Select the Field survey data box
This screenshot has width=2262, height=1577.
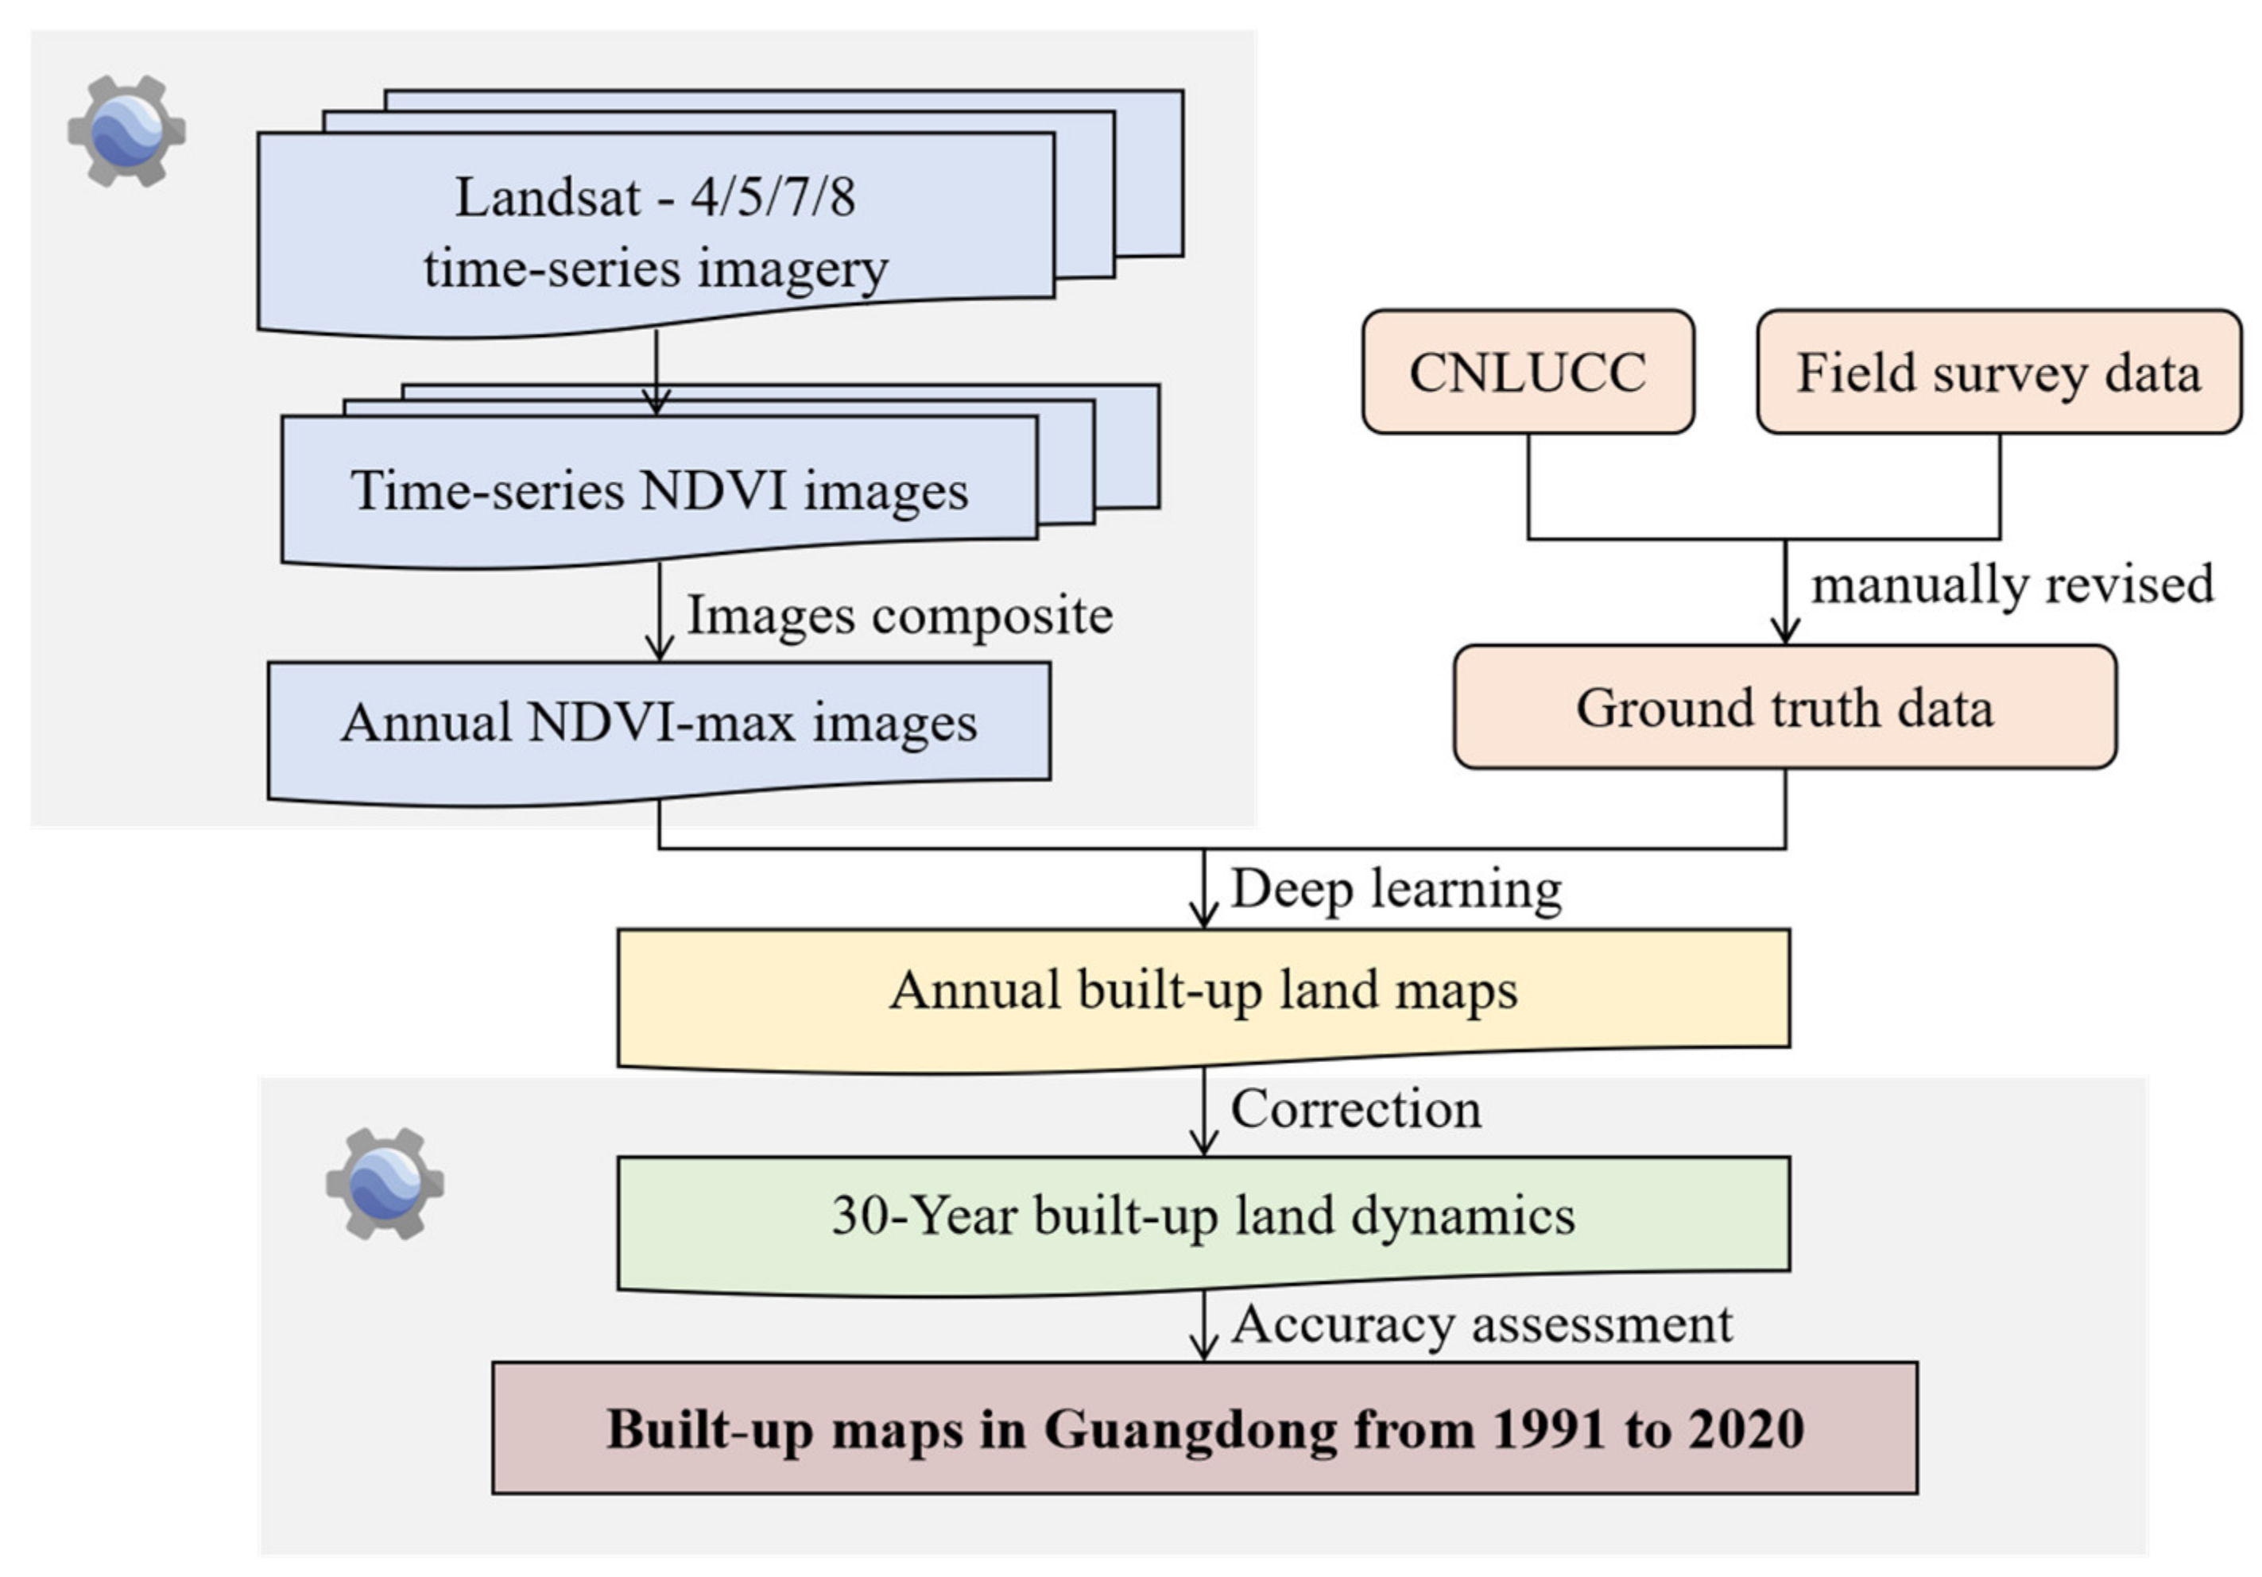point(1998,373)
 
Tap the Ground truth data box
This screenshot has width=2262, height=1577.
point(1784,707)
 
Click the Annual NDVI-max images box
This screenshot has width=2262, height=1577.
point(658,723)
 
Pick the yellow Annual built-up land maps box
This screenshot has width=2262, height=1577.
point(1203,990)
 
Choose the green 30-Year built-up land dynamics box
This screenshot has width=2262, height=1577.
point(1203,1216)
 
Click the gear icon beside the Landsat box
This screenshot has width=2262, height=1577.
point(127,131)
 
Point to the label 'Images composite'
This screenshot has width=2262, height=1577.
point(898,616)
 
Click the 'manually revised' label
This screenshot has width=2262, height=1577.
point(2012,584)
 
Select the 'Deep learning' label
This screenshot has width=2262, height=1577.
point(1395,890)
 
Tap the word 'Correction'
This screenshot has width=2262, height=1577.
point(1356,1109)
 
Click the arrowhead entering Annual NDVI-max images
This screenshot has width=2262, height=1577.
point(659,649)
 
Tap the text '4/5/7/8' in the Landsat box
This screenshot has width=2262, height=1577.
point(773,197)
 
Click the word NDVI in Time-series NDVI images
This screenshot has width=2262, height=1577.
point(713,490)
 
